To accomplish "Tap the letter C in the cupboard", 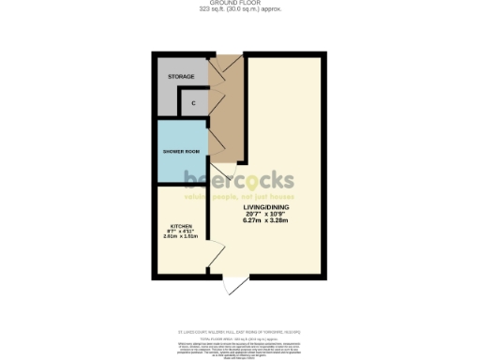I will click(193, 102).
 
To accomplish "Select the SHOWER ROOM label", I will click(181, 151).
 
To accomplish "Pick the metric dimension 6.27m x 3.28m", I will click(267, 221).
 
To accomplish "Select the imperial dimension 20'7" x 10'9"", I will click(267, 214).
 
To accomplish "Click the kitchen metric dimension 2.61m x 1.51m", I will click(177, 236).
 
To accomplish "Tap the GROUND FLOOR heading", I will click(240, 4).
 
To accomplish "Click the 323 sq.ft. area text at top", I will click(240, 10).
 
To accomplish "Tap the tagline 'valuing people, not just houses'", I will click(239, 197).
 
